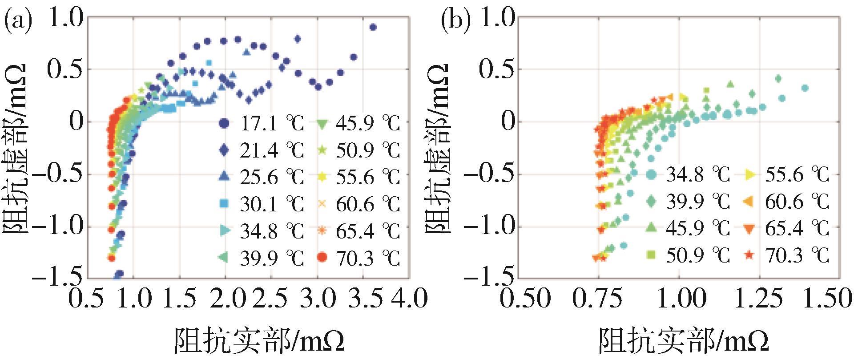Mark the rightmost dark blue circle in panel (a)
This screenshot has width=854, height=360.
click(373, 27)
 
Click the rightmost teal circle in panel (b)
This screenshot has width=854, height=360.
click(805, 88)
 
